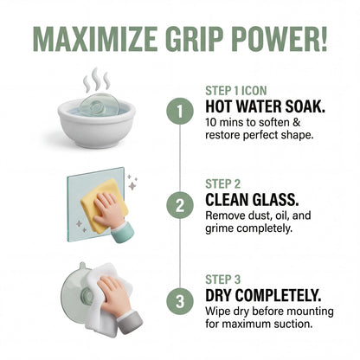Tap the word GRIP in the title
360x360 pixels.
(195, 39)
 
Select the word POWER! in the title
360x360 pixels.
(280, 39)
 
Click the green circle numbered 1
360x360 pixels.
(180, 112)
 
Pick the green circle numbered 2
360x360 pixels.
(180, 206)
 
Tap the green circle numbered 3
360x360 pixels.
(180, 301)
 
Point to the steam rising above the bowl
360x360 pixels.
(97, 80)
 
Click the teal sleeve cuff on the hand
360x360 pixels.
(123, 232)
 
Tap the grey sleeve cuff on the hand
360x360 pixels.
(130, 322)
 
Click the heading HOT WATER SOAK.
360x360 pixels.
(266, 106)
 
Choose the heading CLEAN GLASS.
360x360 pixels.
(252, 200)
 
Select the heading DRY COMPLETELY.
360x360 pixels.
(263, 295)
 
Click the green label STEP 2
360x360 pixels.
(223, 184)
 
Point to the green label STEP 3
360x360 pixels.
(223, 280)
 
